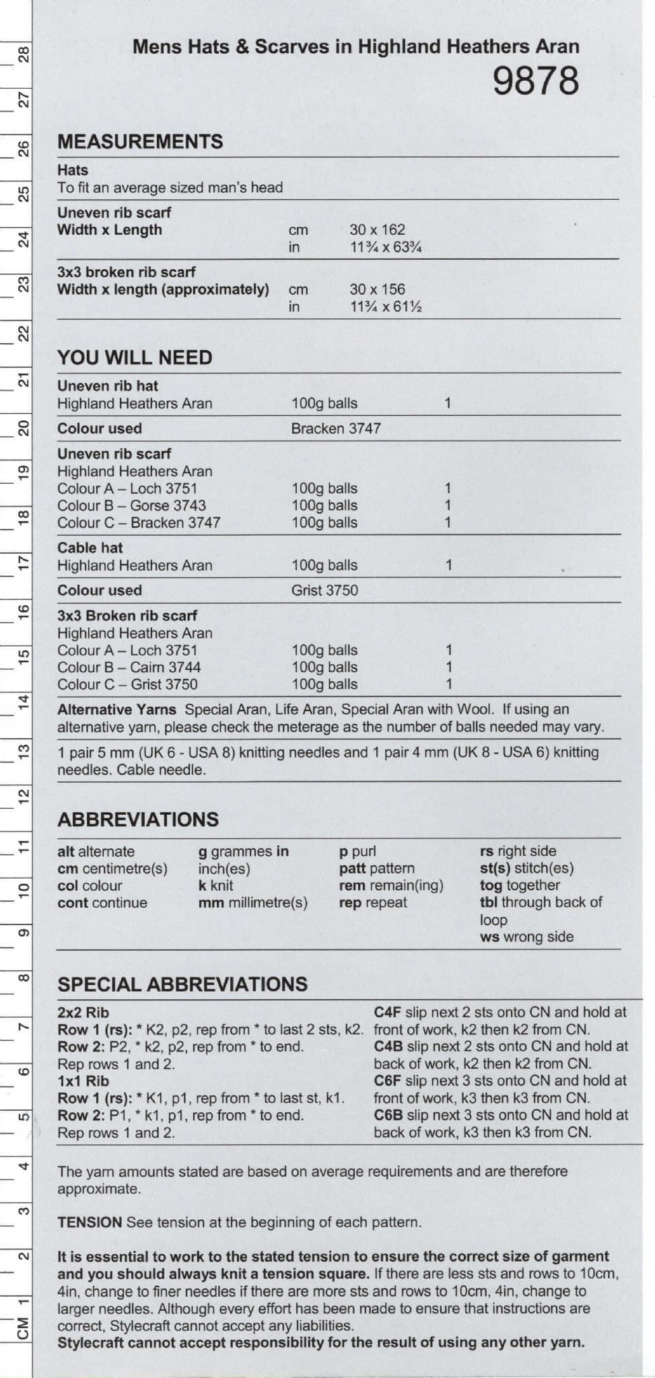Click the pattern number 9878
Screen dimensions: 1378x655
535,81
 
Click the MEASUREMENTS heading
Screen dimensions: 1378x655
140,142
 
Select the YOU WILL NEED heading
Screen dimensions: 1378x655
135,357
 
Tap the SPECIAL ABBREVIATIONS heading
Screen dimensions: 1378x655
182,984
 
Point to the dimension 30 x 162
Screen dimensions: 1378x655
377,229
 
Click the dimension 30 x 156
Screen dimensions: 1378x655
377,289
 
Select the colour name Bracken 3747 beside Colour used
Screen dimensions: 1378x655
336,428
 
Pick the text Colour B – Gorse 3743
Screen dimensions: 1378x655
131,505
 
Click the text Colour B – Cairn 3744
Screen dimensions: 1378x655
129,667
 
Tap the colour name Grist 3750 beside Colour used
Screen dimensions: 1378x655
324,590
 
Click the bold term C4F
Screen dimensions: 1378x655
388,1012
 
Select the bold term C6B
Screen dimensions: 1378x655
388,1115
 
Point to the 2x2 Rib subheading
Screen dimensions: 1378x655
83,1012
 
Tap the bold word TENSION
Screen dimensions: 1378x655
90,1222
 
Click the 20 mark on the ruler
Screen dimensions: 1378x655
23,428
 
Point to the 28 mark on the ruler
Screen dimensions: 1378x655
23,54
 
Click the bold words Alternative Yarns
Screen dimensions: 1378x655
116,709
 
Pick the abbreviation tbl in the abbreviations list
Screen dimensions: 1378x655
489,902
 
